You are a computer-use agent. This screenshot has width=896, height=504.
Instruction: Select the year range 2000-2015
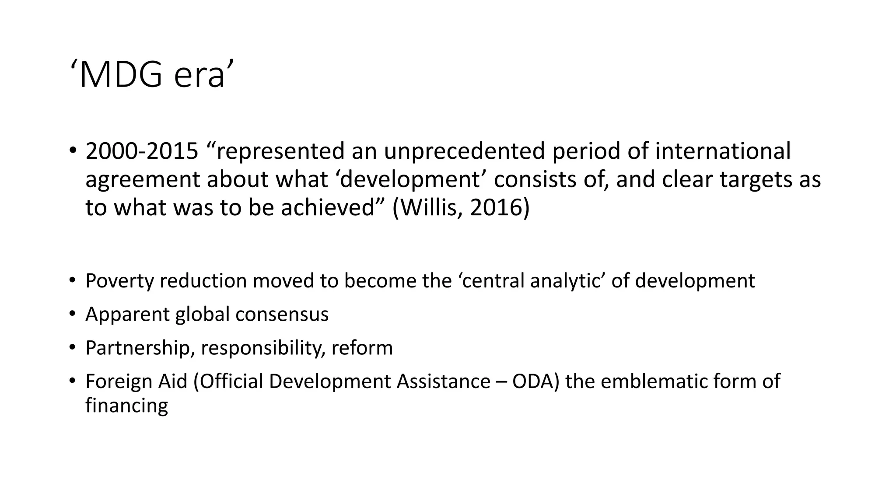point(142,151)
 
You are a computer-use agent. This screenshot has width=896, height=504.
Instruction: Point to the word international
point(723,151)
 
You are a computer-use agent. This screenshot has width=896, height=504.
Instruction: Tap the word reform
point(362,348)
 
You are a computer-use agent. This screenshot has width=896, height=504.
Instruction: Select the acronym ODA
point(535,381)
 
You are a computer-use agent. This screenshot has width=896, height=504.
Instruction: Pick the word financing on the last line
point(126,406)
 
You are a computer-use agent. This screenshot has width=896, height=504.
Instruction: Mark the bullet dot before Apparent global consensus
point(72,314)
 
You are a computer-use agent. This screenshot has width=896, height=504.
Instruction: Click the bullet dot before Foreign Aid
point(72,381)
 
